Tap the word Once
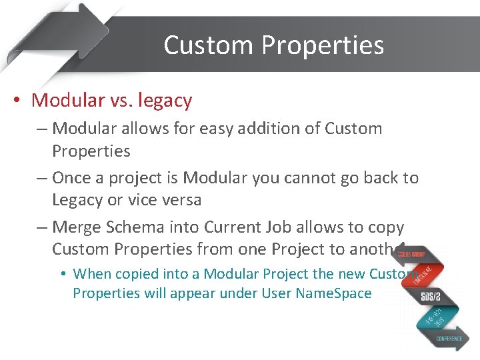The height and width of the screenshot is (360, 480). click(x=72, y=178)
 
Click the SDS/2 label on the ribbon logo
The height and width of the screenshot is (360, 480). click(x=431, y=297)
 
